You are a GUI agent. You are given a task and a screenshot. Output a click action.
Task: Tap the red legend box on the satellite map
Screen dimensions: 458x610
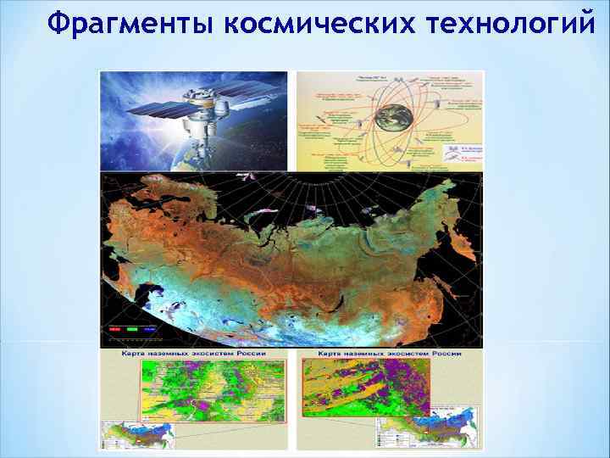[113, 327]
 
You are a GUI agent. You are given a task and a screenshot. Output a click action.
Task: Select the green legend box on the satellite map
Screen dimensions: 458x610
[131, 327]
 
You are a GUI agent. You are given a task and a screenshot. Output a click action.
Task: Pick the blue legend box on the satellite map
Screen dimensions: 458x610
[150, 327]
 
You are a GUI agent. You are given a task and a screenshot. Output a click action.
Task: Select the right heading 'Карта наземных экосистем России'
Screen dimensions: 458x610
[389, 352]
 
